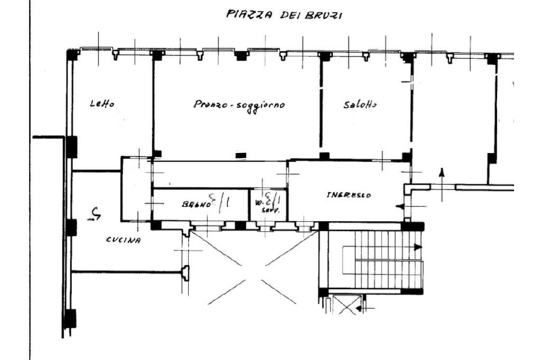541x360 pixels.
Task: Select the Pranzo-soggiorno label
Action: click(239, 105)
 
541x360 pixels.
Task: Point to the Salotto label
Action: click(360, 105)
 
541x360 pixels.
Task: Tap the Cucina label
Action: click(123, 240)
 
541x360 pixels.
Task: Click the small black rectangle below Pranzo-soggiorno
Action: click(241, 155)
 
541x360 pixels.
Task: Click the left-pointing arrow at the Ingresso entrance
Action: click(405, 206)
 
